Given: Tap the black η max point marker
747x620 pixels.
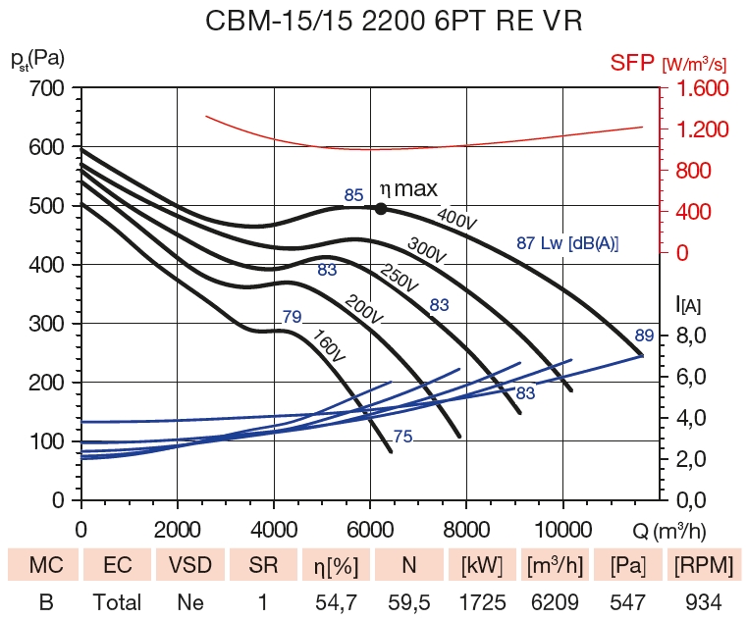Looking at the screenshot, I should click(x=381, y=208).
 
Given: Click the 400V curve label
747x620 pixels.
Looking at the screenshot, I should click(x=456, y=219).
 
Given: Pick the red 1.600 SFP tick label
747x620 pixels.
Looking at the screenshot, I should click(x=700, y=89).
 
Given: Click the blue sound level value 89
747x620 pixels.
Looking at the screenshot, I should click(x=644, y=336).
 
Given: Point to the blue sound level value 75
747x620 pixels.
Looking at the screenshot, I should click(x=402, y=437).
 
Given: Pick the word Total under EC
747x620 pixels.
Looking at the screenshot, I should click(x=117, y=601).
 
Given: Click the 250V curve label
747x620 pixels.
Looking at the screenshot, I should click(x=400, y=280).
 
